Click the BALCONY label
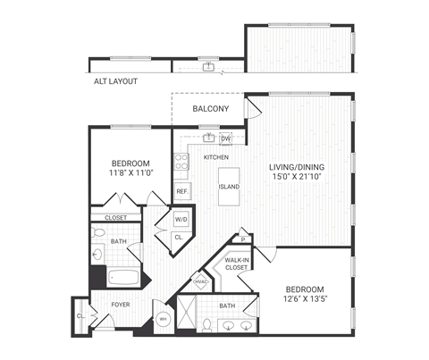(211, 109)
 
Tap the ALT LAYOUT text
(115, 81)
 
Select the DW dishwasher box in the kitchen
(226, 138)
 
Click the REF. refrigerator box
(181, 191)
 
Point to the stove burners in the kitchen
(181, 162)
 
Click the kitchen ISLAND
(229, 187)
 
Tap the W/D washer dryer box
(180, 219)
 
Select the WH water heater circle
(163, 318)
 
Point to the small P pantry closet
(242, 239)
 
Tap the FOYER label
(121, 304)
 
